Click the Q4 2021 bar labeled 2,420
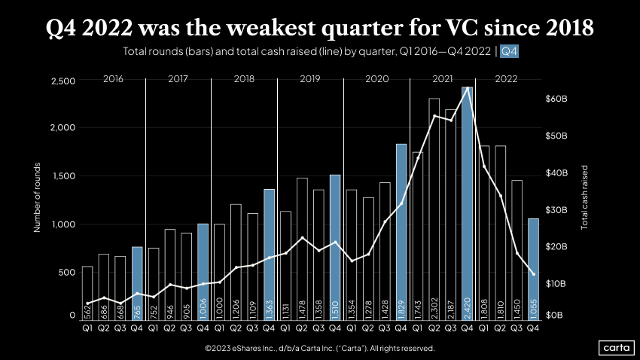[x=467, y=203]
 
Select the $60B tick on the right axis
[x=556, y=99]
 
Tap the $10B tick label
[x=556, y=283]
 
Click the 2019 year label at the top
[x=310, y=78]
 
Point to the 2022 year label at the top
[x=506, y=78]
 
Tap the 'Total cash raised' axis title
[x=585, y=197]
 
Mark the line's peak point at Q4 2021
[x=468, y=88]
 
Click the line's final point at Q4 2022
[x=533, y=274]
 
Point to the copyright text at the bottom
[x=319, y=349]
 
